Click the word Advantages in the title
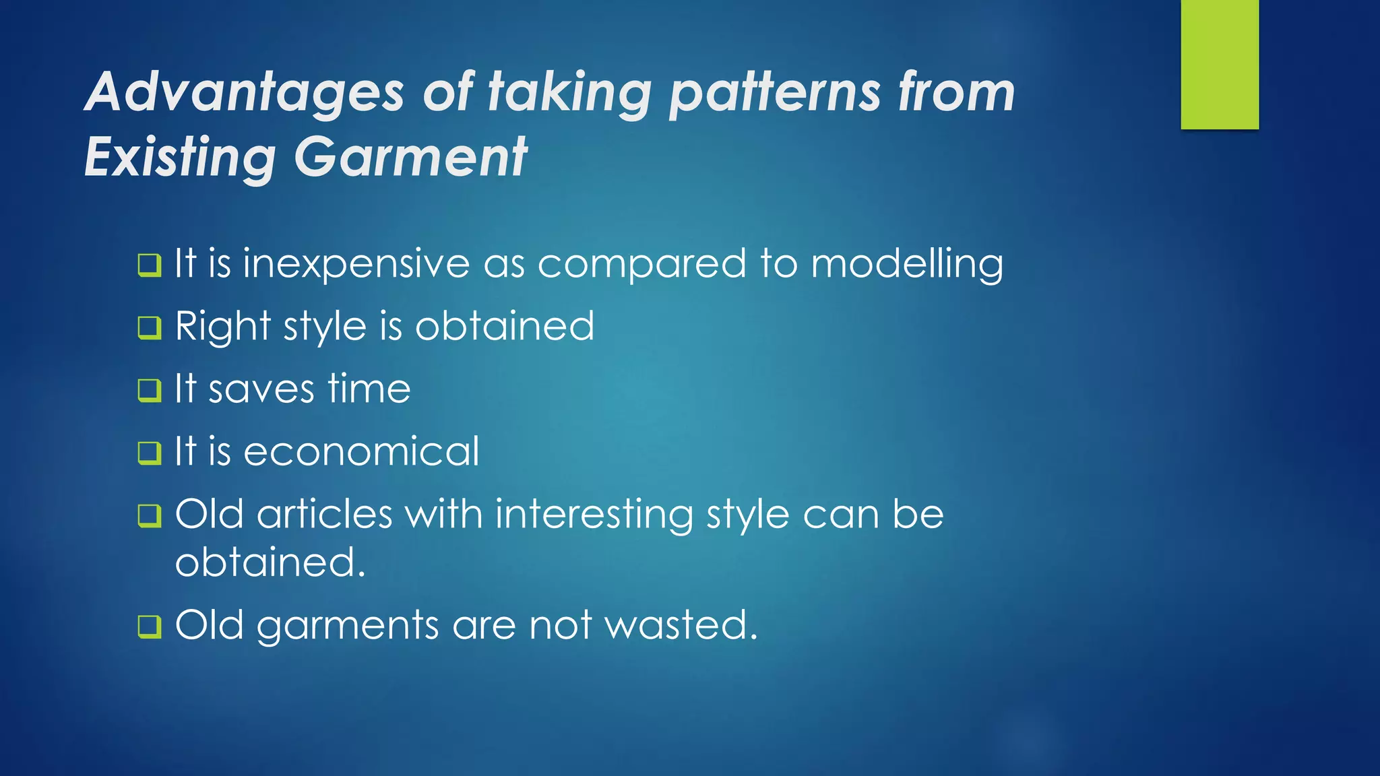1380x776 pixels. click(245, 92)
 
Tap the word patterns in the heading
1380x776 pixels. click(774, 92)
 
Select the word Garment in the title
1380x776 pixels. click(410, 158)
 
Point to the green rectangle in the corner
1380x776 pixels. click(1220, 64)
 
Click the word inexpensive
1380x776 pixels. click(356, 263)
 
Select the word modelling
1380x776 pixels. click(907, 263)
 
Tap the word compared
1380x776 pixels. click(641, 263)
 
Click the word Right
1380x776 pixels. click(222, 327)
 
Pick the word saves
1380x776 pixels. click(261, 389)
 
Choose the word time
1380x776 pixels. click(369, 389)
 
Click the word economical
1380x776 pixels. click(361, 451)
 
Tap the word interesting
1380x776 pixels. click(594, 515)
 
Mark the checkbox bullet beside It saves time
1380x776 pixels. click(150, 390)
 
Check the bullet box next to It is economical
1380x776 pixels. click(150, 453)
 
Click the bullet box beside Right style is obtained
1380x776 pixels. click(150, 328)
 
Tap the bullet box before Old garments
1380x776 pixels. click(150, 626)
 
